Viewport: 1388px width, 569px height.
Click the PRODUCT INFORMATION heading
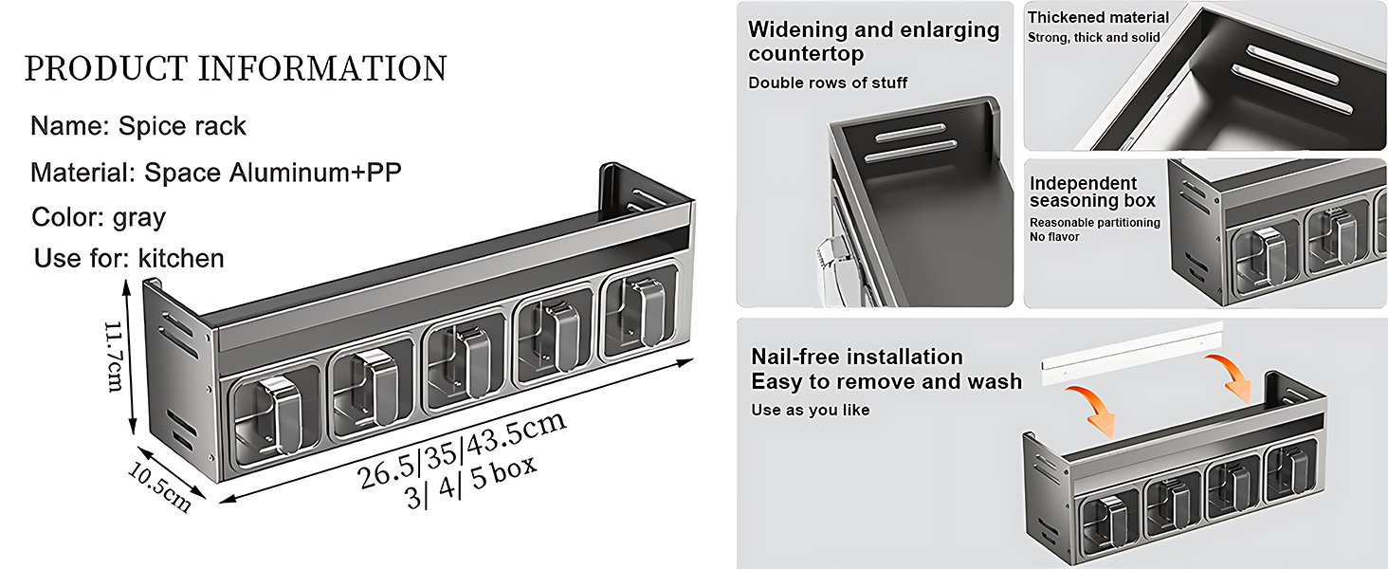pos(235,69)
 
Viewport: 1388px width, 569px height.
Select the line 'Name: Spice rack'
pos(138,126)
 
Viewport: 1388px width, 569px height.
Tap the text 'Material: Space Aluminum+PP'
pos(216,173)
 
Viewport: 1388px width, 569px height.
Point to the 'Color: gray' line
pos(100,218)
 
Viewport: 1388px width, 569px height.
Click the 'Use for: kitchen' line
pos(129,259)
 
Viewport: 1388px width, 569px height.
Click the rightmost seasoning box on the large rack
pos(640,312)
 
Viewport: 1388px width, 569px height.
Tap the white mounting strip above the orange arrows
pos(1131,354)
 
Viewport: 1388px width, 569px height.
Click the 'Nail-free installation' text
pos(857,357)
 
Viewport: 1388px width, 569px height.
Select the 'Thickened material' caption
pos(1098,17)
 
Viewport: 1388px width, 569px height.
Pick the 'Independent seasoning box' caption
pos(1092,193)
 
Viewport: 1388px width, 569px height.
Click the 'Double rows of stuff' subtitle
pos(828,83)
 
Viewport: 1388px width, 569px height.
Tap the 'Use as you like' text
pos(811,411)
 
